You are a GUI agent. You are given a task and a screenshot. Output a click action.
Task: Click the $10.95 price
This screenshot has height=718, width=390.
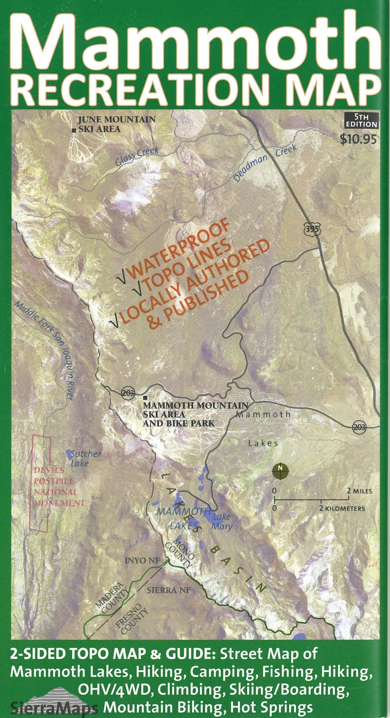point(359,139)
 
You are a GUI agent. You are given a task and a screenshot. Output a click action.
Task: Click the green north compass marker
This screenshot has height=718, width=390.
point(280,469)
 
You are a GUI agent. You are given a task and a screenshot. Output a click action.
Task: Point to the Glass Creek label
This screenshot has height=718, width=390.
point(137,155)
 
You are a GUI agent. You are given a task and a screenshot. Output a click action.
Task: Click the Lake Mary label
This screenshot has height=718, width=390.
point(222,522)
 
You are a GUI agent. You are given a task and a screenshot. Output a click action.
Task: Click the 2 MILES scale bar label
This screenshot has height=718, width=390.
point(359,491)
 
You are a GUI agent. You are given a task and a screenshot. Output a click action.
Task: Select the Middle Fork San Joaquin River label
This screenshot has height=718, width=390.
point(44,351)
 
